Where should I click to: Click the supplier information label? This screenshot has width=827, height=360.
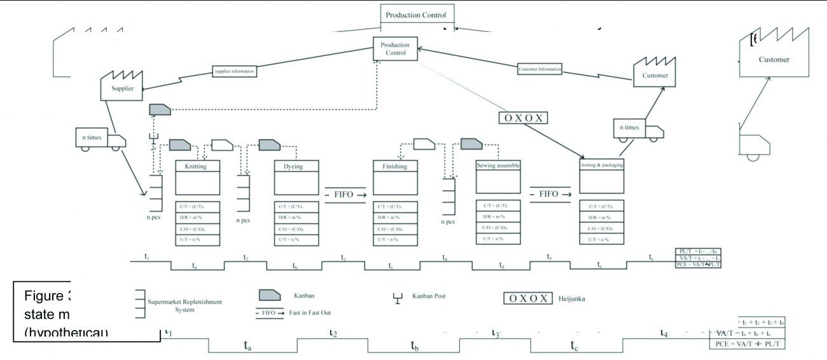tap(234, 71)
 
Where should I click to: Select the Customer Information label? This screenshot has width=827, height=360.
tap(540, 69)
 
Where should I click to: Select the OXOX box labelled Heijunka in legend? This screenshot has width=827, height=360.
tap(528, 298)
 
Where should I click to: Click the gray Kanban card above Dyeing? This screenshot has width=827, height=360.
tap(269, 145)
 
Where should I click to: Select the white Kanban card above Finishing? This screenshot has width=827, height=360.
tap(424, 144)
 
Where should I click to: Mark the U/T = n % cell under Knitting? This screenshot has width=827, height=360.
tap(197, 239)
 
